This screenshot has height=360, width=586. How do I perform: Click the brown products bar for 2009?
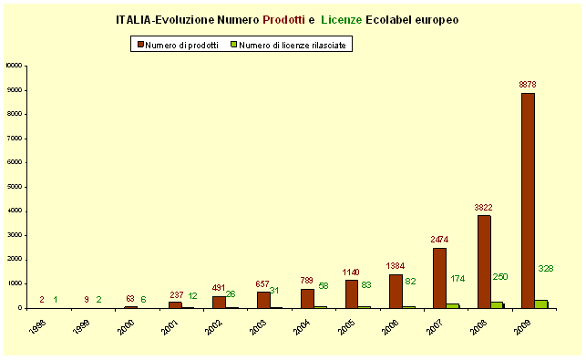(528, 201)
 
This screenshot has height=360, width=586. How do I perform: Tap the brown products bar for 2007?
(439, 278)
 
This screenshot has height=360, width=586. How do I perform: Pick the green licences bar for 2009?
(541, 303)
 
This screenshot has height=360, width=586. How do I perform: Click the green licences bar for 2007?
(453, 305)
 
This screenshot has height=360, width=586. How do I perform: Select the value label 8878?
(528, 85)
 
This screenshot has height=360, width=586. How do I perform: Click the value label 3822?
(484, 207)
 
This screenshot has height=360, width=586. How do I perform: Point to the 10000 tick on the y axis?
(14, 66)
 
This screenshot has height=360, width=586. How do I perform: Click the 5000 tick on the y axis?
(15, 187)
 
